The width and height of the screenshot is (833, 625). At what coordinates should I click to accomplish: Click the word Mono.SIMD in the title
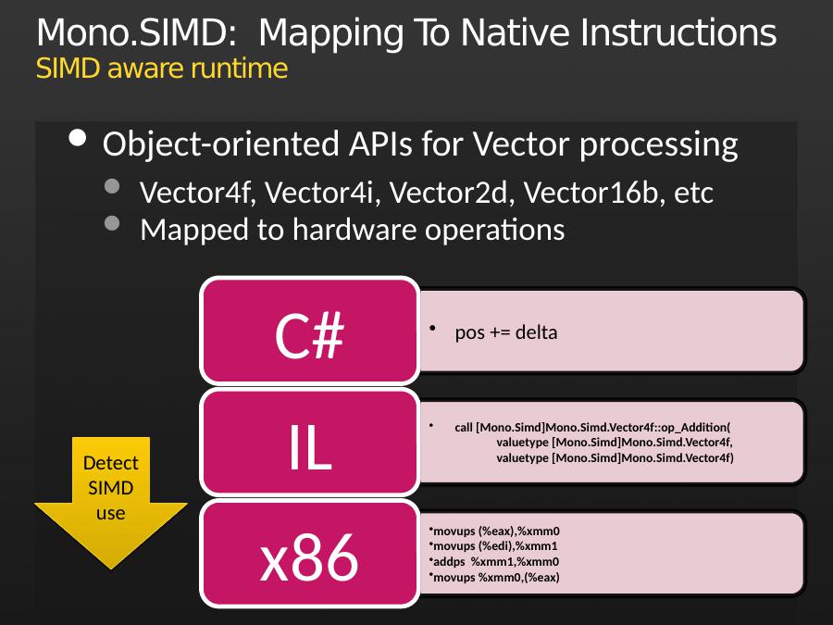tap(136, 33)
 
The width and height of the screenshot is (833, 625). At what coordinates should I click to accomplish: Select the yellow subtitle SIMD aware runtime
tap(162, 69)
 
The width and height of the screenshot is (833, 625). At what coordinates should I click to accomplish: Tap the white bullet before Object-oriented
tap(78, 138)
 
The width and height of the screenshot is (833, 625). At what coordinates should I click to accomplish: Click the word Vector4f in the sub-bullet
tap(194, 193)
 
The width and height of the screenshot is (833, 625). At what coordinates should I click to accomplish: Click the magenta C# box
tap(310, 331)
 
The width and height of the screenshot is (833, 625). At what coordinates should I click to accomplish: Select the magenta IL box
tap(310, 443)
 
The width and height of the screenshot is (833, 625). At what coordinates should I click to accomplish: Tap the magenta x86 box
tap(310, 554)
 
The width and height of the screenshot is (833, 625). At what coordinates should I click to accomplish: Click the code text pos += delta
tap(506, 332)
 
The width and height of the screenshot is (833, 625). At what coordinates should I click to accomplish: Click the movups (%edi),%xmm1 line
tap(495, 546)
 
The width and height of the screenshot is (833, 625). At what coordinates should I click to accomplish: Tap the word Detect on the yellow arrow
tap(110, 463)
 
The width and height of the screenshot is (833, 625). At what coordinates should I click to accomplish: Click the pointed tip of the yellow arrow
tap(110, 569)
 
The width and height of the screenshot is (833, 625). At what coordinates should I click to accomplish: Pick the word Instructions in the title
tap(678, 33)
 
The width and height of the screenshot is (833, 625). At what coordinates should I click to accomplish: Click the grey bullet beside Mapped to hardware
tap(112, 222)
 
